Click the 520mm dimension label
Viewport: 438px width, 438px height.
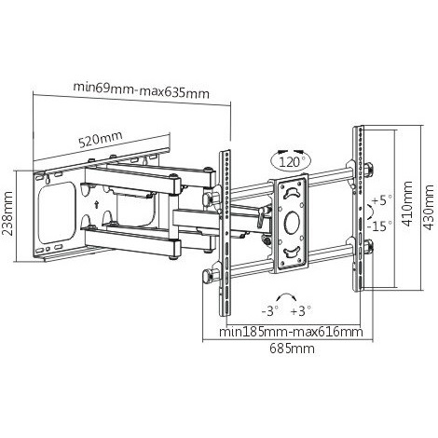(x=100, y=140)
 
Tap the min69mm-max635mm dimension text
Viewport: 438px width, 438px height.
(x=142, y=90)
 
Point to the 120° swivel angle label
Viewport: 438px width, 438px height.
(x=291, y=162)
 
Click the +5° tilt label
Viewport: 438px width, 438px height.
(x=382, y=199)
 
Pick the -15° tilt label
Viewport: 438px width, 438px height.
(x=379, y=226)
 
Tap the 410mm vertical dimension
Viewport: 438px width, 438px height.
(x=406, y=204)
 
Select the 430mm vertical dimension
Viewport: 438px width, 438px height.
(x=429, y=208)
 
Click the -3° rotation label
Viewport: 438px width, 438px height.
(x=269, y=311)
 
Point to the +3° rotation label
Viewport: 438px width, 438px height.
(x=301, y=311)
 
